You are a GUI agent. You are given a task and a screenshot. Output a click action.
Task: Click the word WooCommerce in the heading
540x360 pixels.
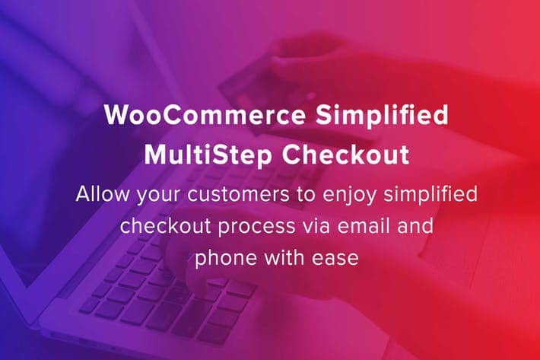pyautogui.click(x=205, y=115)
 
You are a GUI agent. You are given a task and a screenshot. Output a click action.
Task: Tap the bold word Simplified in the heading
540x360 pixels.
pyautogui.click(x=383, y=115)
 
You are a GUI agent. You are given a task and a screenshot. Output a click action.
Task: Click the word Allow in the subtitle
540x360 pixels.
pyautogui.click(x=102, y=194)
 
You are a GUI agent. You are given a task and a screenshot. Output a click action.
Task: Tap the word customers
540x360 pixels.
pyautogui.click(x=238, y=195)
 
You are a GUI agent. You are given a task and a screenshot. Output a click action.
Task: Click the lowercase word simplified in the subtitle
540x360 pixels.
pyautogui.click(x=430, y=195)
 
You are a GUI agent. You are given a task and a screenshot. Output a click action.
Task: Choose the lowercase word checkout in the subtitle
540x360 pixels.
pyautogui.click(x=165, y=226)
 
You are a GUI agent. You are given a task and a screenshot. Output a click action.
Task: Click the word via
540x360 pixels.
pyautogui.click(x=316, y=226)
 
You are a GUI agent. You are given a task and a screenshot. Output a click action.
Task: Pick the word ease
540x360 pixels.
pyautogui.click(x=335, y=259)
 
